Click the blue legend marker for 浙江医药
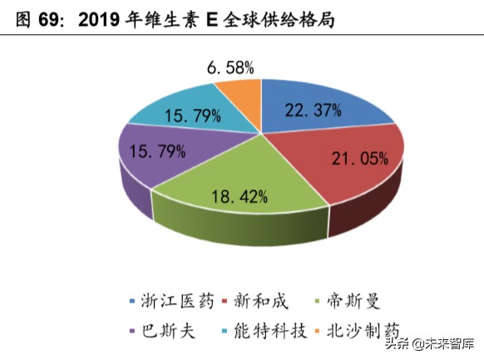131,299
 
